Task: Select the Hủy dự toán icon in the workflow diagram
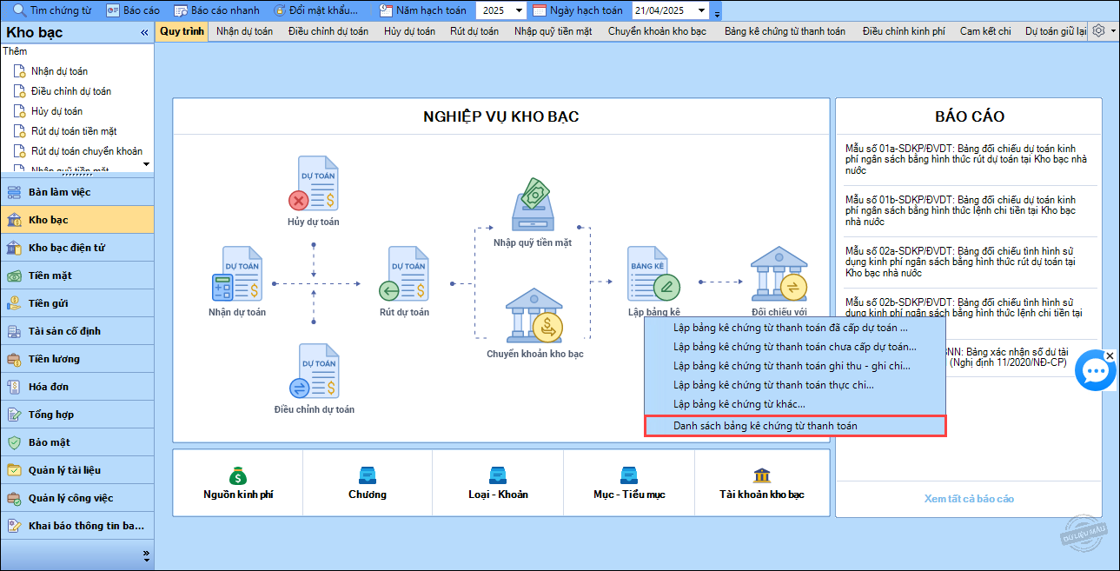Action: click(314, 183)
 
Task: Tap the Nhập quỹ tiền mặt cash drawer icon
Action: click(533, 204)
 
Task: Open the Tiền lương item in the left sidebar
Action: click(54, 359)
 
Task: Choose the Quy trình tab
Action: click(182, 31)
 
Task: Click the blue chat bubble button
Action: click(1096, 371)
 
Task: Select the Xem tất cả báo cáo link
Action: click(969, 499)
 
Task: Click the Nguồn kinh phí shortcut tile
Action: click(238, 483)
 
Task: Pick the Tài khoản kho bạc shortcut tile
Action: click(762, 483)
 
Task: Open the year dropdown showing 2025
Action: click(501, 10)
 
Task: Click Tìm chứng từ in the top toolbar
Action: click(52, 10)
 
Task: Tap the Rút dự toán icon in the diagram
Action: click(404, 273)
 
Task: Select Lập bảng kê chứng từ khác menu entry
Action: click(739, 404)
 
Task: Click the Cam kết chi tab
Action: click(985, 31)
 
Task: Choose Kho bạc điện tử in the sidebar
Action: click(67, 248)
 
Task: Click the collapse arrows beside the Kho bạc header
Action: click(144, 33)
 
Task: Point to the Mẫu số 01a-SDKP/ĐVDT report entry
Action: click(966, 160)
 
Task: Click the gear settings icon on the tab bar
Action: click(1098, 31)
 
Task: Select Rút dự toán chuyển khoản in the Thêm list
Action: click(87, 151)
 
